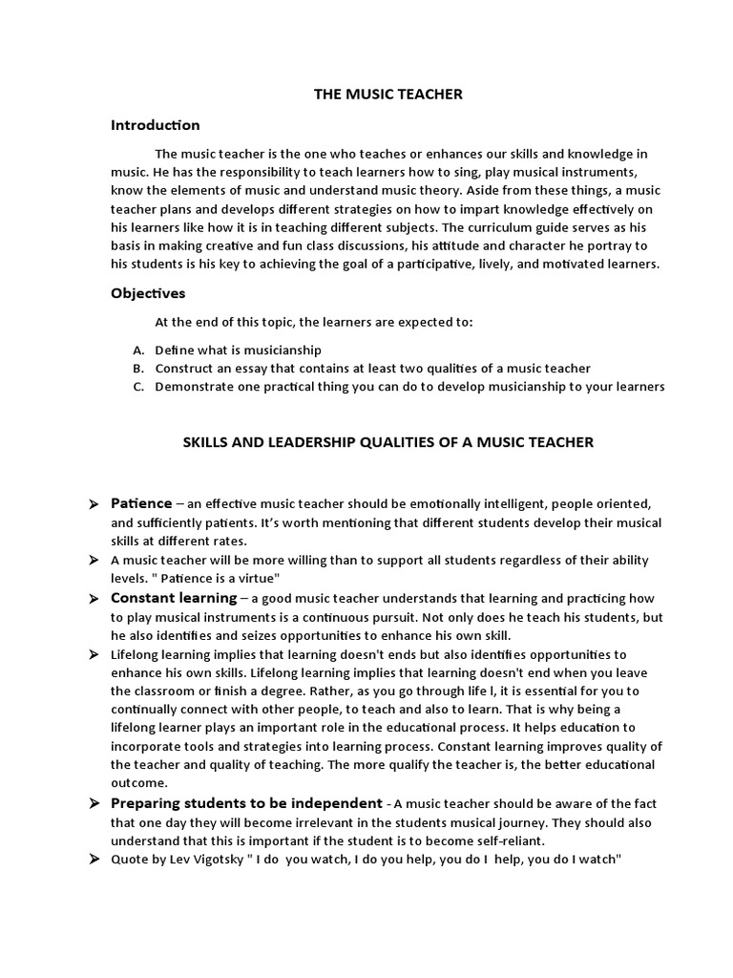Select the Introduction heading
click(x=156, y=125)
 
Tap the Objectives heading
click(x=148, y=293)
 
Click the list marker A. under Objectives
click(x=138, y=351)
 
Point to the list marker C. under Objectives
click(x=138, y=387)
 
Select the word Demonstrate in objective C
click(x=194, y=387)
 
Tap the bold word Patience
click(x=141, y=503)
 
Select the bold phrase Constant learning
click(x=173, y=598)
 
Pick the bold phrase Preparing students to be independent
click(x=246, y=803)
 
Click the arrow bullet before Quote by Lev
click(x=93, y=860)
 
